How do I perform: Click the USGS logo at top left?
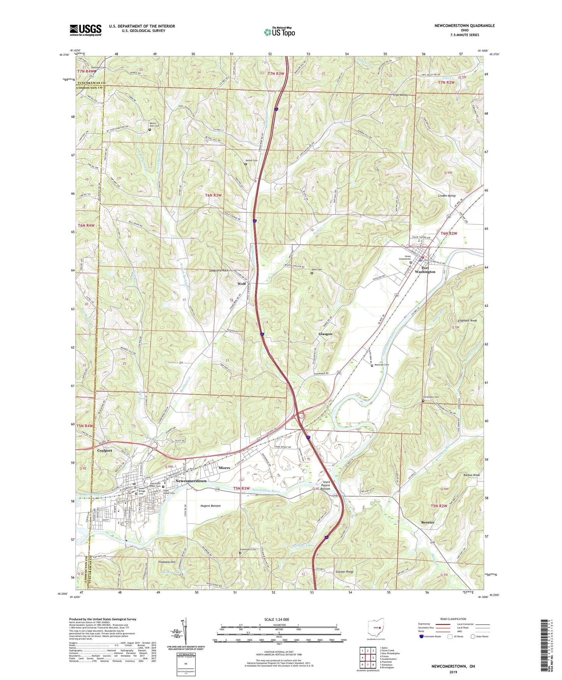[86, 30]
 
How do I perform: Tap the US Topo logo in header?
[279, 32]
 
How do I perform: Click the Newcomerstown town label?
[191, 481]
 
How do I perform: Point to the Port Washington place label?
[425, 270]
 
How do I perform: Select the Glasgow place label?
[326, 334]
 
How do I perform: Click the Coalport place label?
[104, 451]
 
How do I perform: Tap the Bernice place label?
[427, 522]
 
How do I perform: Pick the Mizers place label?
[224, 468]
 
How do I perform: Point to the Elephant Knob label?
[467, 321]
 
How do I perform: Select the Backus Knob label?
[471, 476]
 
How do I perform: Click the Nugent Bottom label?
[210, 506]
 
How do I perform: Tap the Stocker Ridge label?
[344, 572]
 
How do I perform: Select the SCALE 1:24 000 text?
[277, 619]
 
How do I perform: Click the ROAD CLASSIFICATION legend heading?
[453, 619]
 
